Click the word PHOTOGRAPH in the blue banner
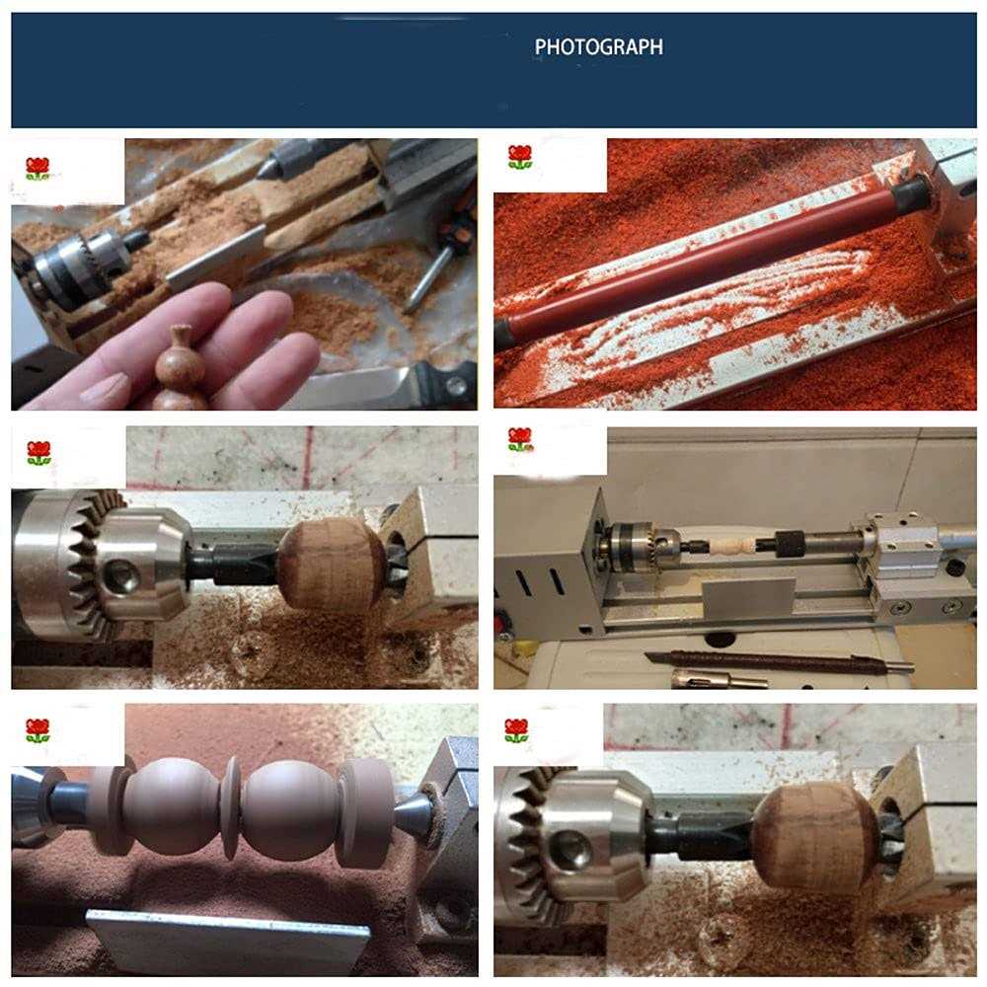click(598, 46)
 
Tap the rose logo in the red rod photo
click(520, 158)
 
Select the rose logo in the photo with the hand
click(38, 169)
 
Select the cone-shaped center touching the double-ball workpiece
click(413, 815)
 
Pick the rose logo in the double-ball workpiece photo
click(38, 731)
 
